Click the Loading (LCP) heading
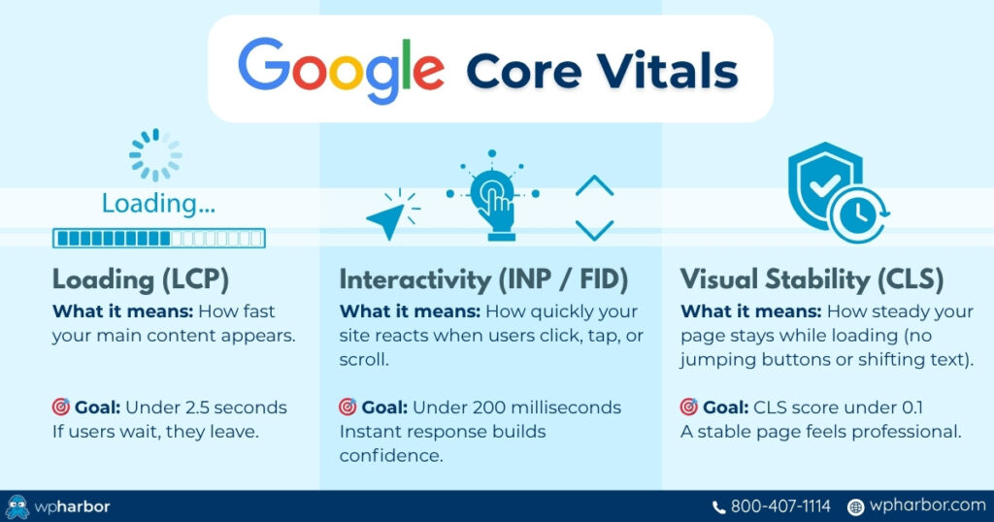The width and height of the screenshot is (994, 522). coord(141,280)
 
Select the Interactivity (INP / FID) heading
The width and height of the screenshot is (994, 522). coord(483,280)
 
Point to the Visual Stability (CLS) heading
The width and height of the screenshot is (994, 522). coord(812,280)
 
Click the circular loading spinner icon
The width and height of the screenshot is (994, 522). coord(155,155)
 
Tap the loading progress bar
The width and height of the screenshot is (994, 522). coord(158,238)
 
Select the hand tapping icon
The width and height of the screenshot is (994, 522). coord(494,199)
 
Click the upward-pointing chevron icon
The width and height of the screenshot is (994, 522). coord(594,185)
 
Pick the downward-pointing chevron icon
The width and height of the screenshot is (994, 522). coord(594,230)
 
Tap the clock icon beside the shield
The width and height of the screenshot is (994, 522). coord(856,215)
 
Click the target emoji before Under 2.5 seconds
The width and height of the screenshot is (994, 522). coord(61,408)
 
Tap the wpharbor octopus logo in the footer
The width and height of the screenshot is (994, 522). coord(17,506)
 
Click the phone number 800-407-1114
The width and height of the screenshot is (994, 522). coord(779,506)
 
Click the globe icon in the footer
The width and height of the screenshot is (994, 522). coord(855,506)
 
